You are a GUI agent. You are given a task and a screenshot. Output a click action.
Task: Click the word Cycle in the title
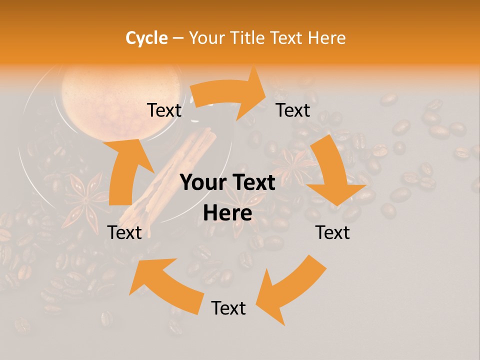(146, 38)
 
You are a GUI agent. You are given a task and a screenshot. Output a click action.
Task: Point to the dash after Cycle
(178, 38)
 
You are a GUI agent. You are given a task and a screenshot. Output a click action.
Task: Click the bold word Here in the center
(227, 213)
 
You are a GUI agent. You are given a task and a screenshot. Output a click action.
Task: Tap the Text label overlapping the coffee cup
(164, 110)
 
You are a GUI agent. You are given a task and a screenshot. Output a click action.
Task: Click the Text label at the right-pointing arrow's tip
(293, 110)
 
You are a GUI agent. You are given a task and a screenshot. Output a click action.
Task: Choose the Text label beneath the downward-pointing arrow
(332, 232)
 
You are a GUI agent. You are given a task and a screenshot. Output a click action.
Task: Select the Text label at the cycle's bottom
(228, 308)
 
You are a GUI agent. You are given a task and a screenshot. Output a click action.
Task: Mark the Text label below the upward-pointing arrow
(124, 232)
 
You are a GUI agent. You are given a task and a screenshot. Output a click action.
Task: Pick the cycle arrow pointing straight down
(335, 172)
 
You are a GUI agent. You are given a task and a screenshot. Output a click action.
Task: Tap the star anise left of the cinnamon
(85, 202)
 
